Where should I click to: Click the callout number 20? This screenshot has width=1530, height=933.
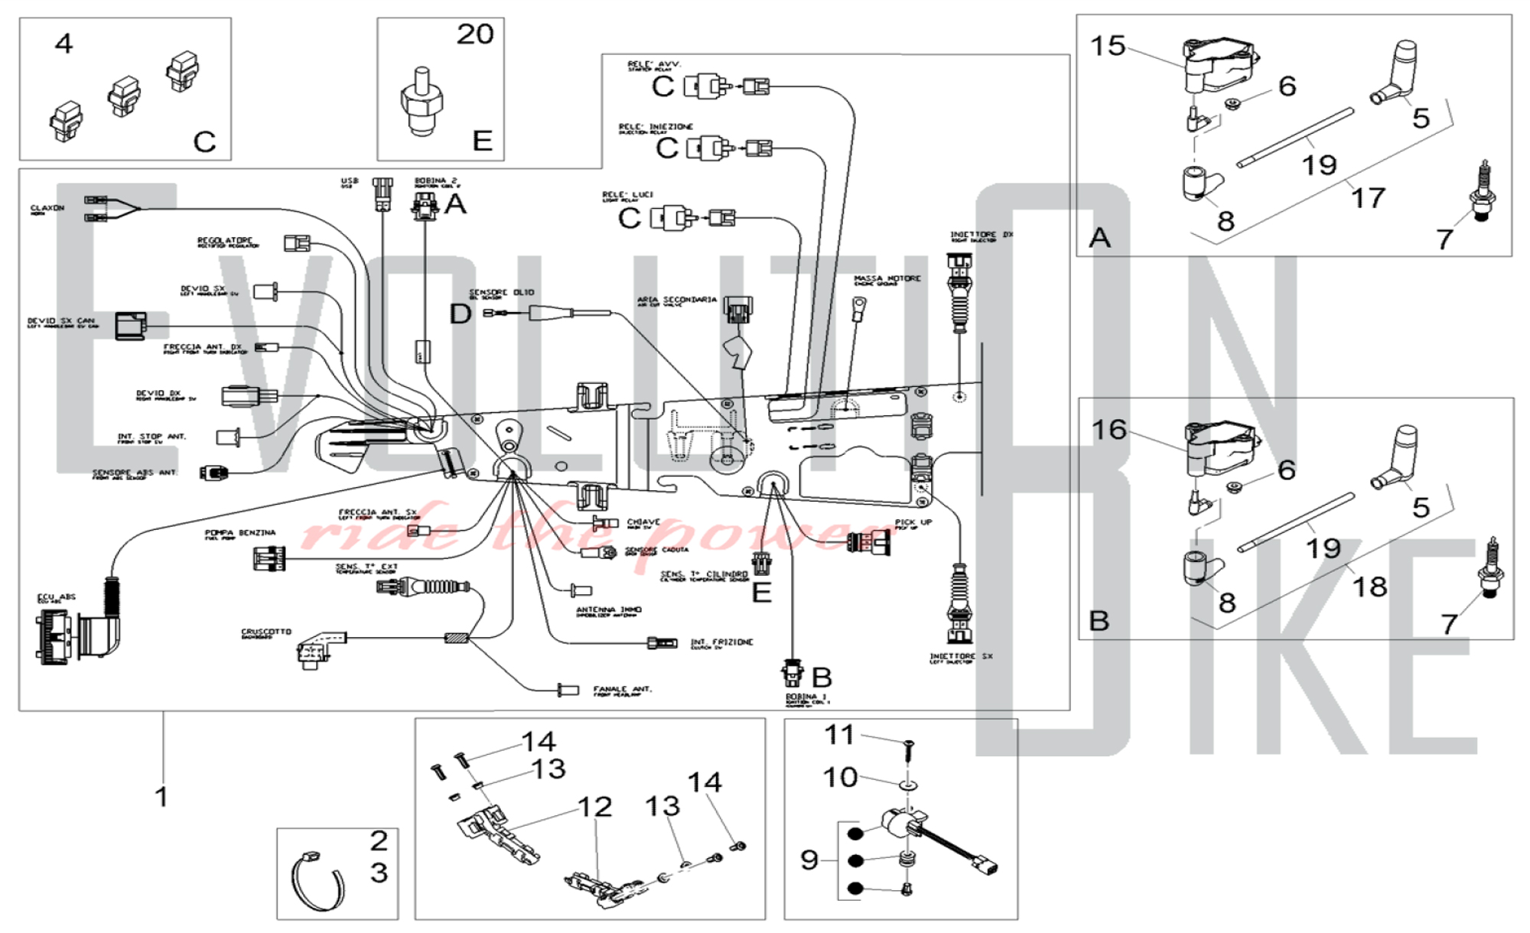[x=475, y=34]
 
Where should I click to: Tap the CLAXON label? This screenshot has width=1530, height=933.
[x=47, y=208]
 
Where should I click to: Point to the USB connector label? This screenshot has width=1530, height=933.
[x=349, y=181]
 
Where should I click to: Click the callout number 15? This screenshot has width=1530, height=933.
[x=1108, y=46]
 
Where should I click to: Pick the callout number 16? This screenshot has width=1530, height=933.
[x=1109, y=430]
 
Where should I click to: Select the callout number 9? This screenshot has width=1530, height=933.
[x=809, y=860]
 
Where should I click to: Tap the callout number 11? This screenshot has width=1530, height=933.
[x=839, y=736]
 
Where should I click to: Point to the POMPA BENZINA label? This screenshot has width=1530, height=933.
[x=239, y=533]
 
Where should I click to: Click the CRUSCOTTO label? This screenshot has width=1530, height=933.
[x=266, y=632]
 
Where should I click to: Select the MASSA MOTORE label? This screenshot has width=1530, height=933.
[x=887, y=279]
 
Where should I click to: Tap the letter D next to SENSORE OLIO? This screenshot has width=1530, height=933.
[x=460, y=314]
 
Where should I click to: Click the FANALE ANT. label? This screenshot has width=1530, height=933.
[x=622, y=690]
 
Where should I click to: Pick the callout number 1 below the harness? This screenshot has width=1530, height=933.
[x=161, y=797]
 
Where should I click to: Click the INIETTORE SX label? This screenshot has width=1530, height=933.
[x=961, y=657]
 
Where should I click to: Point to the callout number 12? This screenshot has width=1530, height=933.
[x=594, y=807]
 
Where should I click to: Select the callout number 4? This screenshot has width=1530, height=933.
[x=64, y=44]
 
